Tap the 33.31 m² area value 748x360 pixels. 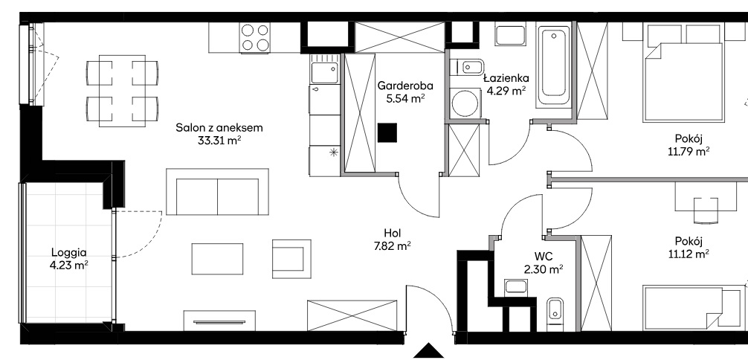point(219,141)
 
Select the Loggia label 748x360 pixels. point(69,253)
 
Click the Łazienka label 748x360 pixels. point(506,78)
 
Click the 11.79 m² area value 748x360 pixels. point(689,152)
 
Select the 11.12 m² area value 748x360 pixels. point(689,254)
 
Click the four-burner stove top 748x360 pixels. point(255,38)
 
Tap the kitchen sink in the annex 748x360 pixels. point(324,69)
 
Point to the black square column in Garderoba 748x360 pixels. point(387,132)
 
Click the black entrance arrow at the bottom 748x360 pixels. point(429,351)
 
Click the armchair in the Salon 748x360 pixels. point(291,259)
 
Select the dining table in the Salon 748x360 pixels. point(122,91)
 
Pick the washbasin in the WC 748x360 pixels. point(516,287)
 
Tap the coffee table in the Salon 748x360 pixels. point(218,259)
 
